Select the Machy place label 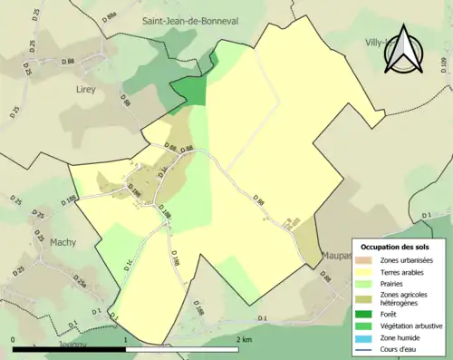pyautogui.click(x=63, y=242)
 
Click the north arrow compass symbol pyautogui.click(x=404, y=48)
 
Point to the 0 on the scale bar pyautogui.click(x=14, y=339)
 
